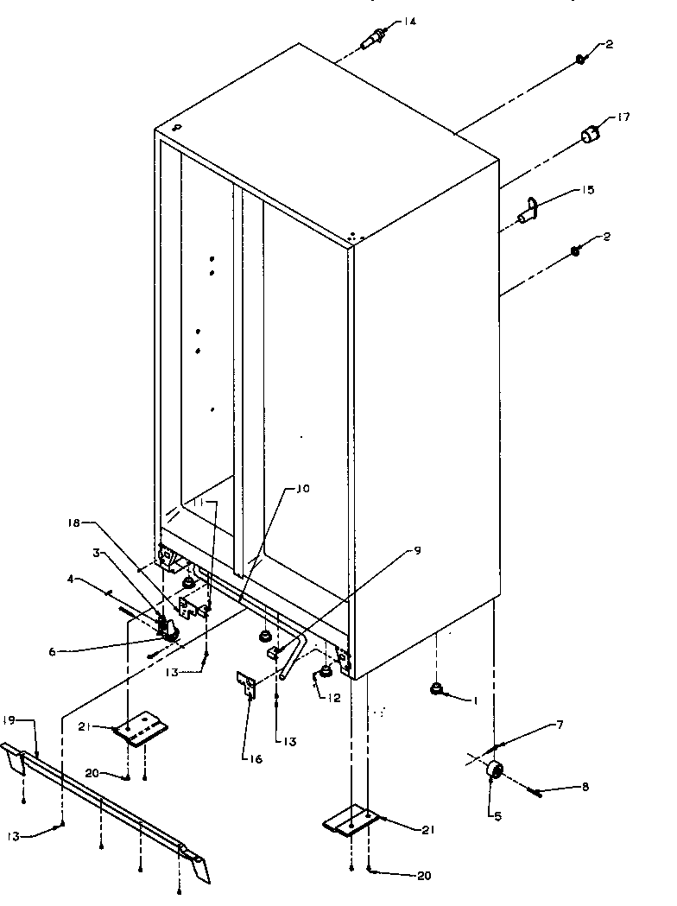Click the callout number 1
coord(473,700)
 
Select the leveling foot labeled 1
coord(438,688)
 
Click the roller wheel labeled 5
coord(495,770)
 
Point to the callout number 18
coord(73,523)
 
